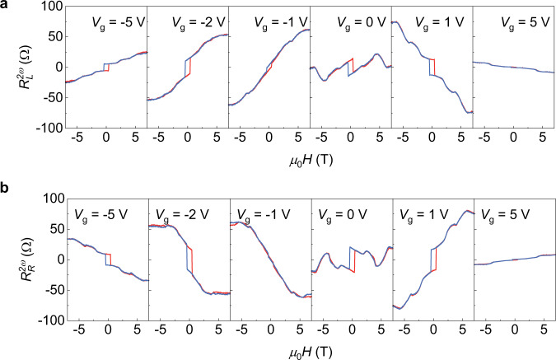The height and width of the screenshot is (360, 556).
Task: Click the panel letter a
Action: coord(6,7)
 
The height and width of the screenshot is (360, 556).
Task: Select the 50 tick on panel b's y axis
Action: coord(52,229)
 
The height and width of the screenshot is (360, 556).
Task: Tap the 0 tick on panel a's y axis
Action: coord(55,68)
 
